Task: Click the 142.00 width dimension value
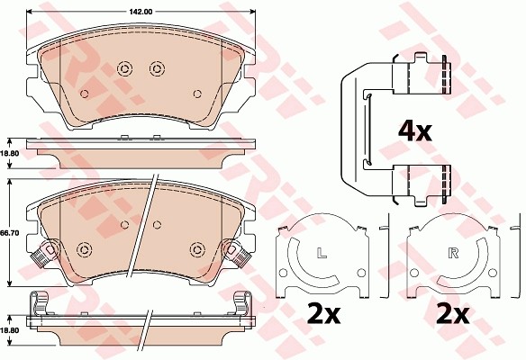(x=140, y=12)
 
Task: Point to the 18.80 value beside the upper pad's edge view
(x=10, y=154)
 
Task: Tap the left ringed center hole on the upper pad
(x=124, y=68)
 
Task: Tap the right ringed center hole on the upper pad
(x=156, y=68)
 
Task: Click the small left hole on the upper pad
(x=85, y=93)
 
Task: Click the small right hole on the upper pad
(x=197, y=93)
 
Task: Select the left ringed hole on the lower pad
(x=85, y=249)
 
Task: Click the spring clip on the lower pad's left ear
(x=40, y=257)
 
